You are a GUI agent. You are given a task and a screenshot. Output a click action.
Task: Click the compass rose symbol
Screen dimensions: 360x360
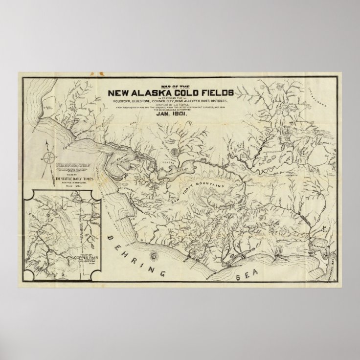49,158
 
